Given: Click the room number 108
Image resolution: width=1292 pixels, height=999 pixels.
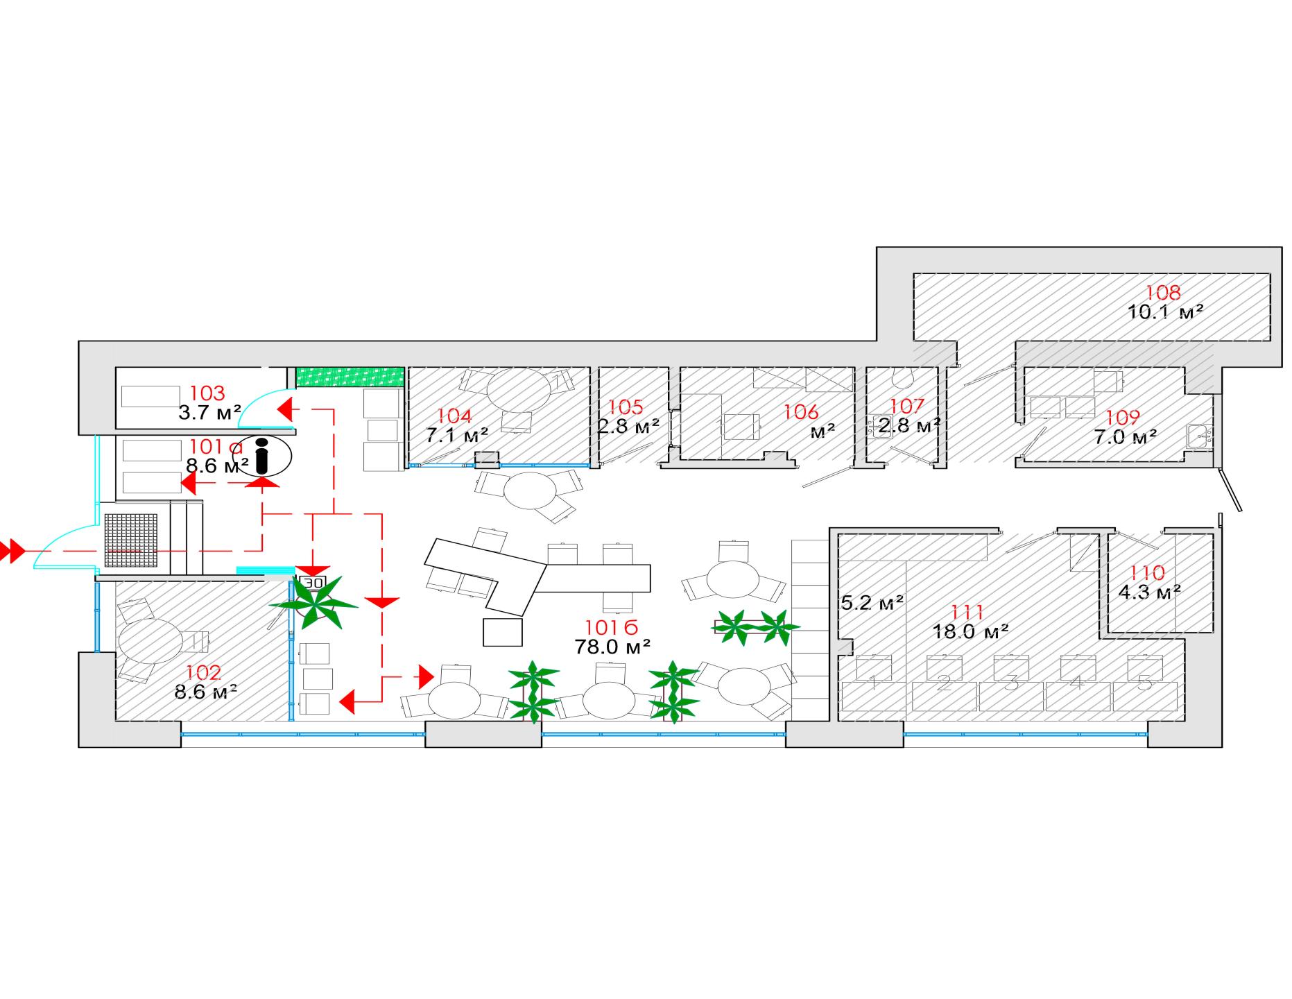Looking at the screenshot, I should [1163, 292].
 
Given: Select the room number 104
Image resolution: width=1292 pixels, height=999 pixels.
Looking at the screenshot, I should [454, 416].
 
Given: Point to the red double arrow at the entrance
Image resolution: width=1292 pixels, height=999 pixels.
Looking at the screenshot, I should [12, 552].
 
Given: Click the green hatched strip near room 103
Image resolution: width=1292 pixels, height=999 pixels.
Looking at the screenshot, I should [350, 377].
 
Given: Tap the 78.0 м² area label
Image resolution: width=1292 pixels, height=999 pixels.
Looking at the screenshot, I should [612, 647].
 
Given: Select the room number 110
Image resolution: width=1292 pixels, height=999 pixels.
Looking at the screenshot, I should [1148, 573].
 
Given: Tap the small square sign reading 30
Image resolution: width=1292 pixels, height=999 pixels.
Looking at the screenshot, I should [313, 582].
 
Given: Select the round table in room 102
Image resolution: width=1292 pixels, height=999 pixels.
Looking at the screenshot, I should [150, 642].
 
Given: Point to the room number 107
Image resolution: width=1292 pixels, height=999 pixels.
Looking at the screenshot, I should [907, 405].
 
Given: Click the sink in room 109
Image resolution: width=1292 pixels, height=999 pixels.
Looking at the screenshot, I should [1199, 436].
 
